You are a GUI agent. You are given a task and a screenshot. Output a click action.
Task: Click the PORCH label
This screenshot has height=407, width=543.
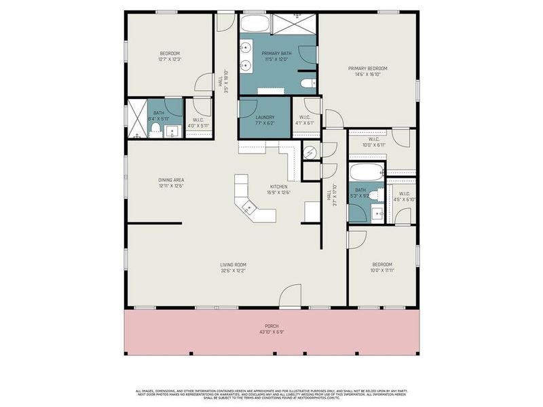(271, 328)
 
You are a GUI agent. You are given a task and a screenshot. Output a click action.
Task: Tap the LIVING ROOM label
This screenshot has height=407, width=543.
(233, 267)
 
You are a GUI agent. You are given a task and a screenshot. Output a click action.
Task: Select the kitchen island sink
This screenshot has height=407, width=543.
(249, 208)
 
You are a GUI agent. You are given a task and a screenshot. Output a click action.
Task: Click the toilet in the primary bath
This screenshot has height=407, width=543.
(307, 83)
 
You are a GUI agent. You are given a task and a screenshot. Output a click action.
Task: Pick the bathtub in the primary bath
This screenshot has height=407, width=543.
(255, 24)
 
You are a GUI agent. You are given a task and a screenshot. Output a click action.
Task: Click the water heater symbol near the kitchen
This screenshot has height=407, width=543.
(310, 152)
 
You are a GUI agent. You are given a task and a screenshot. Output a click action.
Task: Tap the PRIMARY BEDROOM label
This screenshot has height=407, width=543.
(368, 71)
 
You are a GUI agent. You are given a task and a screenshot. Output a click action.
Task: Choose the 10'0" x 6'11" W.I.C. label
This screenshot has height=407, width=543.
(373, 142)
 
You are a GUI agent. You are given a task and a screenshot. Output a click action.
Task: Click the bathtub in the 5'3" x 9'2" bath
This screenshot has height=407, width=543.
(367, 170)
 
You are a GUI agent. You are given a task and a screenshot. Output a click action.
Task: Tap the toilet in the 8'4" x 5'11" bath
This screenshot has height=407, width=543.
(155, 129)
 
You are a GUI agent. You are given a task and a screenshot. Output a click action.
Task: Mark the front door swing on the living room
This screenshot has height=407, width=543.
(290, 296)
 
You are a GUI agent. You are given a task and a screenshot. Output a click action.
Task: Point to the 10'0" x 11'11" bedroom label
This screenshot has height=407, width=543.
(381, 267)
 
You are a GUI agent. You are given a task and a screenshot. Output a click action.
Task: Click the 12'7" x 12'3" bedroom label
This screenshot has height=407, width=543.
(170, 56)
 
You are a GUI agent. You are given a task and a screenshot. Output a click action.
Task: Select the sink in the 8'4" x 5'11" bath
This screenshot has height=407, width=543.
(173, 131)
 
